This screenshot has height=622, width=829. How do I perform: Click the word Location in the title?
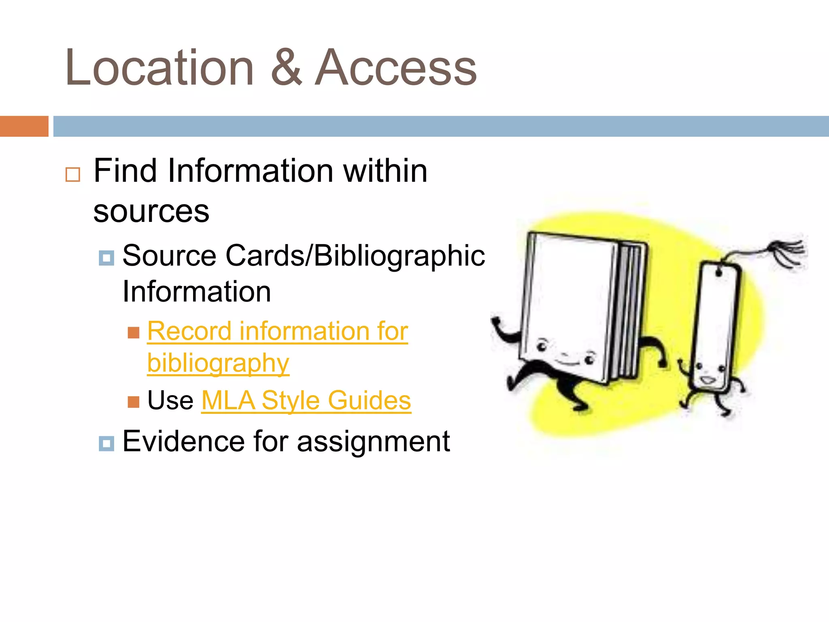point(159,68)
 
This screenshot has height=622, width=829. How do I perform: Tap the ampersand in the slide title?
point(286,68)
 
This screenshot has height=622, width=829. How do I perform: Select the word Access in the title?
point(395,68)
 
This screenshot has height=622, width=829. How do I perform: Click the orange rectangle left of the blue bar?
point(24,126)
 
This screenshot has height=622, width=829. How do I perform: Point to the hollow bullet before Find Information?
point(73,175)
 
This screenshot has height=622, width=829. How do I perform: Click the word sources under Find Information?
point(151,211)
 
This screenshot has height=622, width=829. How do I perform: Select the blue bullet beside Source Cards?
point(106,258)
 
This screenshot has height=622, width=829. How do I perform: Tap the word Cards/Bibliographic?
point(355,256)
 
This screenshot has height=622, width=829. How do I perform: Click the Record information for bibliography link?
point(277,332)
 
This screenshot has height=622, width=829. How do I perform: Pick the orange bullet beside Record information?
point(133,333)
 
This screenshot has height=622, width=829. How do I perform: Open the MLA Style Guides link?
point(306,400)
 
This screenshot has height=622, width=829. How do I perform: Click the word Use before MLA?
point(170,400)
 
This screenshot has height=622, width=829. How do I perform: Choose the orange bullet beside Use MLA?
point(133,402)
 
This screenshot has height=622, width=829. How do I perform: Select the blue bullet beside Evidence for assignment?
point(106,444)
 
